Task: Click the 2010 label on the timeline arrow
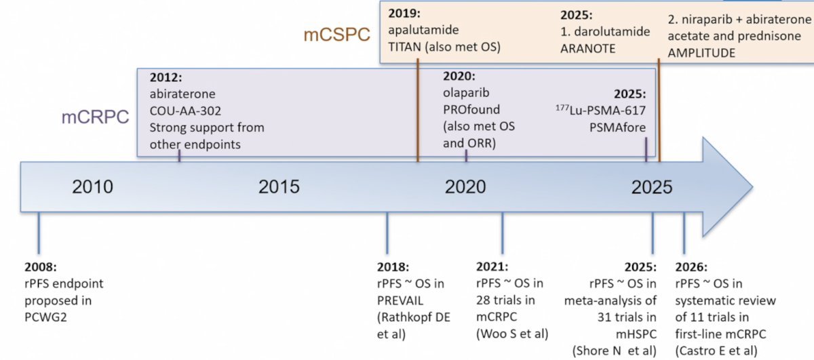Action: (93, 186)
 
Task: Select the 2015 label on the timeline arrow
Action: (279, 186)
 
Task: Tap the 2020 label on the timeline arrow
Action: (465, 186)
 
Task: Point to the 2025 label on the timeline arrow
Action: (652, 187)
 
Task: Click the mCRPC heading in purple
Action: (95, 117)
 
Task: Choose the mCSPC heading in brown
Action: (337, 35)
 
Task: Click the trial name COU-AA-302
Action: (185, 111)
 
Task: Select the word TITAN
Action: (404, 47)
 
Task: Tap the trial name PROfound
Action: (471, 109)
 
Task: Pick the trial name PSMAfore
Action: (617, 127)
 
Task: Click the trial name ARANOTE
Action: (587, 48)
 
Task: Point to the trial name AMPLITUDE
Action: (701, 53)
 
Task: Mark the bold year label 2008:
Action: (41, 267)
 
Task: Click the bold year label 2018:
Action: (393, 267)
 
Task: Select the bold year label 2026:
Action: (691, 267)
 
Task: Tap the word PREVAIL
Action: (400, 301)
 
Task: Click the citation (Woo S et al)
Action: (512, 334)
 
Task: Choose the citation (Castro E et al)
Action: (716, 351)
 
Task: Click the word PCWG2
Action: (46, 317)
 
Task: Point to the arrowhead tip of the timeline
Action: (752, 187)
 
